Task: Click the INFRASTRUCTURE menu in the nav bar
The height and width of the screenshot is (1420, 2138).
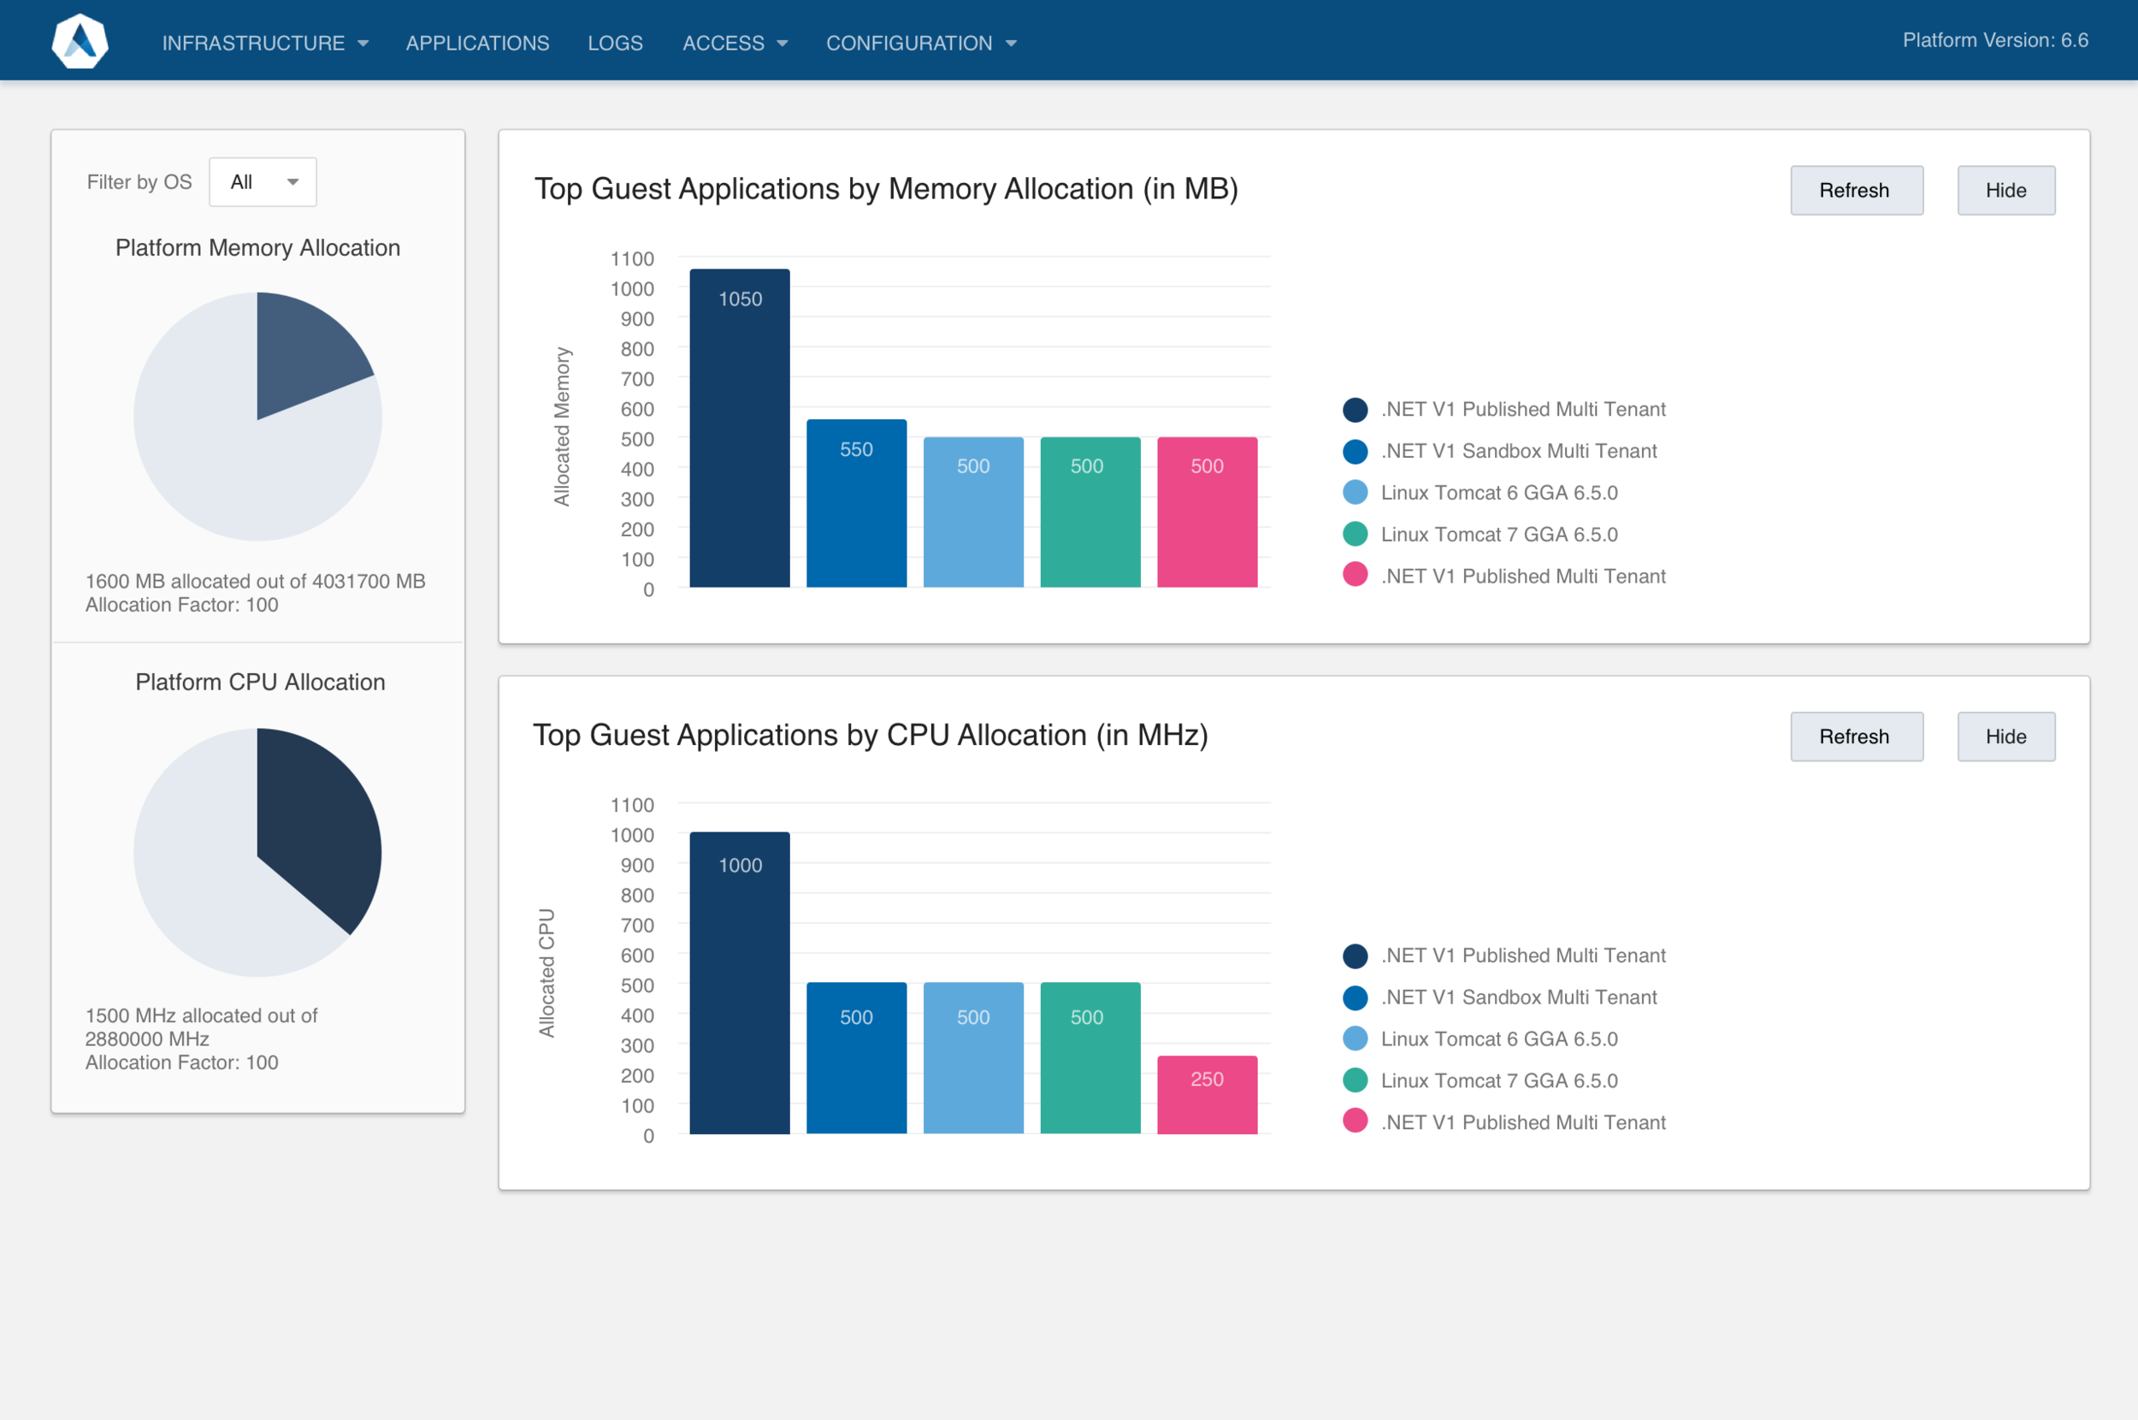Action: point(263,43)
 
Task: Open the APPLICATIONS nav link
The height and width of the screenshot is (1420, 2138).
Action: point(477,43)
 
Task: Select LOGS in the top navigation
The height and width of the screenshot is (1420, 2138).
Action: point(615,43)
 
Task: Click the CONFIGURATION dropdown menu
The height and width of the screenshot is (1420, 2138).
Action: point(920,43)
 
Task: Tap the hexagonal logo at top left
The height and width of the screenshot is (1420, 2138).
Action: point(80,41)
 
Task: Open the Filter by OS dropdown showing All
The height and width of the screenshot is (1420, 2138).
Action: point(263,182)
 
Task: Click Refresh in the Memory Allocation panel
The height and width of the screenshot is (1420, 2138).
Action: point(1856,190)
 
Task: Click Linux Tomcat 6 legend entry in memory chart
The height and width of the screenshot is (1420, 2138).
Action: point(1498,493)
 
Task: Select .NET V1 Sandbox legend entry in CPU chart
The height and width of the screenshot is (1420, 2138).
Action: point(1518,997)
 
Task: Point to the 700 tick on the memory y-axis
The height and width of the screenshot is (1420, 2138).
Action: point(636,379)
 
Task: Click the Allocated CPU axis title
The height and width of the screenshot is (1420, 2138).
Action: point(546,973)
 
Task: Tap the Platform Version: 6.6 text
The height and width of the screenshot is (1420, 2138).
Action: point(1994,40)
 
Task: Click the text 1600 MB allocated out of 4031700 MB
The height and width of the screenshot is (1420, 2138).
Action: point(255,581)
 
